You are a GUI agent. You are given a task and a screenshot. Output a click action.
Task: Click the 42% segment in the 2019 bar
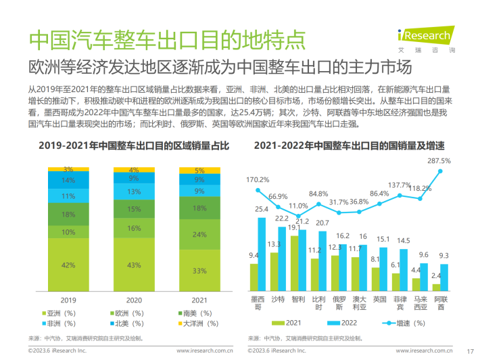[x=68, y=265]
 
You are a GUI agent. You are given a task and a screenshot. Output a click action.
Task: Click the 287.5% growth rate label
[x=439, y=160]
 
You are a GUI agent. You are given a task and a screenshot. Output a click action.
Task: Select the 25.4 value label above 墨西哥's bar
[x=262, y=210]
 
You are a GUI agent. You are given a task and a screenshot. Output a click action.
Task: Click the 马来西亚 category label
[x=421, y=302]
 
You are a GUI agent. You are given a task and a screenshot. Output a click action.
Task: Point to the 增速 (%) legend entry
[x=389, y=323]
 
